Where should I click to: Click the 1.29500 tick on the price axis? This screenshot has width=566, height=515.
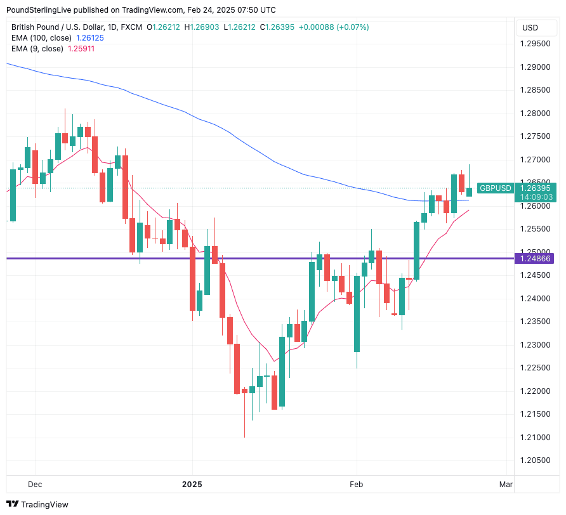[x=535, y=44]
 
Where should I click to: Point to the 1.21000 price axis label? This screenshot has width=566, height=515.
[x=535, y=438]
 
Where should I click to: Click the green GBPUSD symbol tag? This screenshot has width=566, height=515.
[x=496, y=188]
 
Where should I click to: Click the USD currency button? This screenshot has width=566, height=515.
[x=530, y=27]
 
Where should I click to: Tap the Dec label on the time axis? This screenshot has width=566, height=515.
[x=35, y=485]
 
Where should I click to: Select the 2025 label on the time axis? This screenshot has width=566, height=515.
[x=192, y=485]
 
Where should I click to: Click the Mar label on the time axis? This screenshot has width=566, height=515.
[x=506, y=485]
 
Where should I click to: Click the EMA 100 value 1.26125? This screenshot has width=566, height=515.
[x=89, y=38]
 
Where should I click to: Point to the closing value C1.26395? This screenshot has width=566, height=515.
[x=277, y=27]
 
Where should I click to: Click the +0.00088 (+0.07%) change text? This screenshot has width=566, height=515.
[x=334, y=27]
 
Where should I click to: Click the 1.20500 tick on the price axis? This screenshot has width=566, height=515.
[x=535, y=460]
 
